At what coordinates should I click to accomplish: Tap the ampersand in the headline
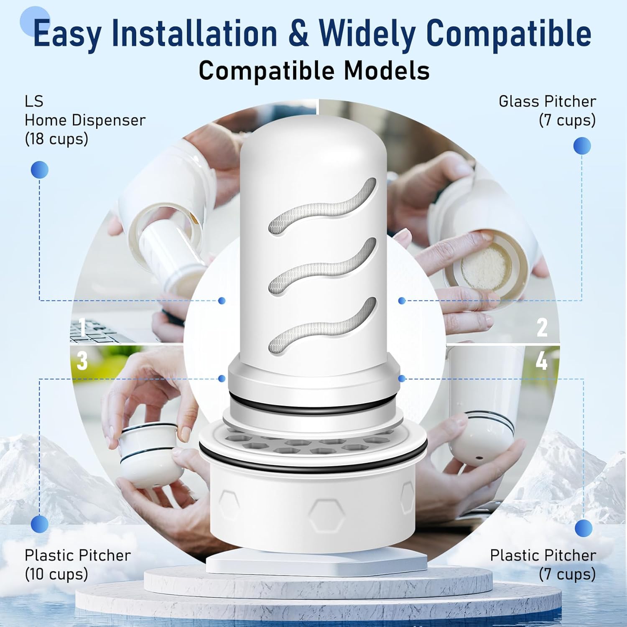[x=298, y=33]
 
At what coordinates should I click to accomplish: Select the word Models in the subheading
[x=387, y=70]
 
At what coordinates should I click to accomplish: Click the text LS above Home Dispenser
[x=34, y=101]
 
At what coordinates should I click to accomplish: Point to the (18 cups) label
[x=56, y=139]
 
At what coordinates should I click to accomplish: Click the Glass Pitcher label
[x=547, y=101]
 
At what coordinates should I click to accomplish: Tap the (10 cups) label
[x=56, y=574]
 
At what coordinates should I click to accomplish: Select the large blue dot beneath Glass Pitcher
[x=582, y=146]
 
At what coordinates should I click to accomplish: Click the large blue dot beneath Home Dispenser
[x=40, y=170]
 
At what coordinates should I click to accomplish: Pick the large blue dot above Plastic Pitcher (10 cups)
[x=40, y=524]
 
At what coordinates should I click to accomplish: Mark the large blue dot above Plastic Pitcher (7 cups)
[x=584, y=528]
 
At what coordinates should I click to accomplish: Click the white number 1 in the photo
[x=82, y=327]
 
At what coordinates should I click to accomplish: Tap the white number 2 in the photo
[x=542, y=327]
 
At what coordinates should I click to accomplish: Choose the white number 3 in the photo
[x=82, y=360]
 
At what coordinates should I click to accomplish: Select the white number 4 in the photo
[x=542, y=360]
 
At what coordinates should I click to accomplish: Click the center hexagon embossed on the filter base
[x=327, y=514]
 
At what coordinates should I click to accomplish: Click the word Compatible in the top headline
[x=508, y=33]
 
